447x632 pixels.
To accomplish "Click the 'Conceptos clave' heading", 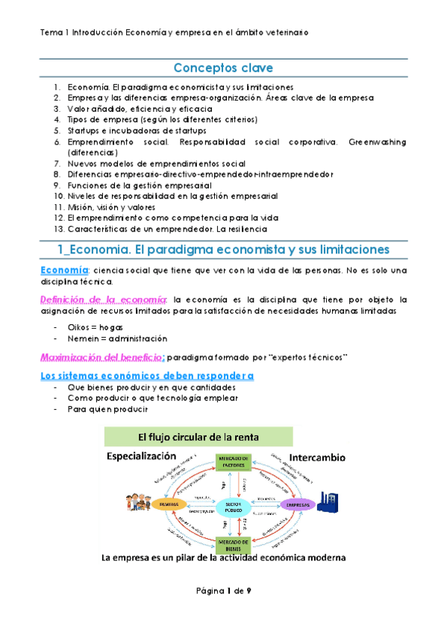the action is [x=223, y=69].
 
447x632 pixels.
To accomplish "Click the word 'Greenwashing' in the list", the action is [x=378, y=141].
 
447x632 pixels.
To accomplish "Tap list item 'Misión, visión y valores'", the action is [x=113, y=206].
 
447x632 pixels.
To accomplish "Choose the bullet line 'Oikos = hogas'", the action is [x=95, y=328].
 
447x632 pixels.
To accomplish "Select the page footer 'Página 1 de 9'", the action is [x=223, y=590].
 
